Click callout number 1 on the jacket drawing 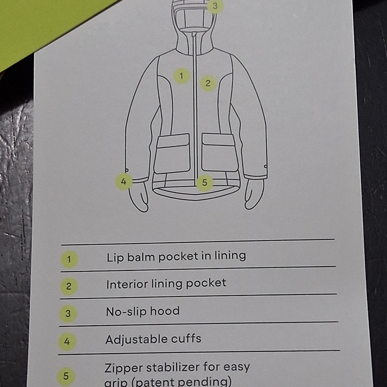[181, 76]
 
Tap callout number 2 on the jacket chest [208, 83]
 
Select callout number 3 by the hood [215, 6]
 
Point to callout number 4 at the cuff [123, 181]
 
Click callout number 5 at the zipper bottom [205, 183]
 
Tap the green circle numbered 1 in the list [69, 260]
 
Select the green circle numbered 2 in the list [69, 286]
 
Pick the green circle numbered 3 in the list [68, 314]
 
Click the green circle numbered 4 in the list [67, 342]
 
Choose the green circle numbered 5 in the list [66, 376]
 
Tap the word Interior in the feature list [127, 284]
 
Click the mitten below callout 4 [139, 196]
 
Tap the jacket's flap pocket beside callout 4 [172, 153]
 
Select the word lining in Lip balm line [230, 256]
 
